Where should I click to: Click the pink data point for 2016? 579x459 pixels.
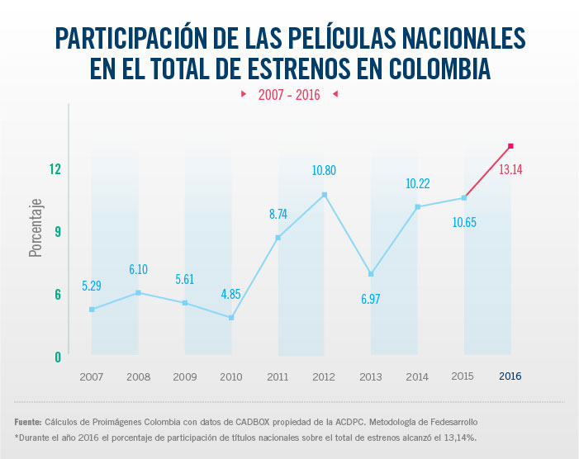click(511, 146)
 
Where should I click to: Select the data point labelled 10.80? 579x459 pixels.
click(325, 195)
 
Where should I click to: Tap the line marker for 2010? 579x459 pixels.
click(231, 318)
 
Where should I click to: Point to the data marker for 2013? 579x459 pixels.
click(371, 273)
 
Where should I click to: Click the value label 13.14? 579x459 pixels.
click(510, 170)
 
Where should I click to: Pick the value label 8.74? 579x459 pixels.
click(278, 214)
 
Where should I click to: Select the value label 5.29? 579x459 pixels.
click(93, 286)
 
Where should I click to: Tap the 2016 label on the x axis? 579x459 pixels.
click(510, 376)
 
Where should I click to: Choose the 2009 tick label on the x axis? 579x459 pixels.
click(184, 376)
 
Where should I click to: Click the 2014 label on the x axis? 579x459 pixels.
click(417, 376)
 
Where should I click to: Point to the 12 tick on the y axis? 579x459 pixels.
click(55, 169)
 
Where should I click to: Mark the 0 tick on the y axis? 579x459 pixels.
click(58, 357)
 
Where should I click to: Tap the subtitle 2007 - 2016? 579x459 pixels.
click(289, 95)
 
